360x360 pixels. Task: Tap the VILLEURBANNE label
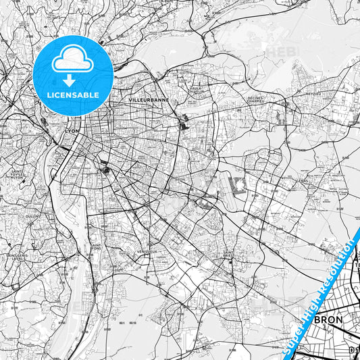(x=148, y=99)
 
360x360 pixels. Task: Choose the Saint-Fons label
(x=97, y=248)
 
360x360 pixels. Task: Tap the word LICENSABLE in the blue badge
(x=73, y=95)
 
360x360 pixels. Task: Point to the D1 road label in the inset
(x=354, y=351)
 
